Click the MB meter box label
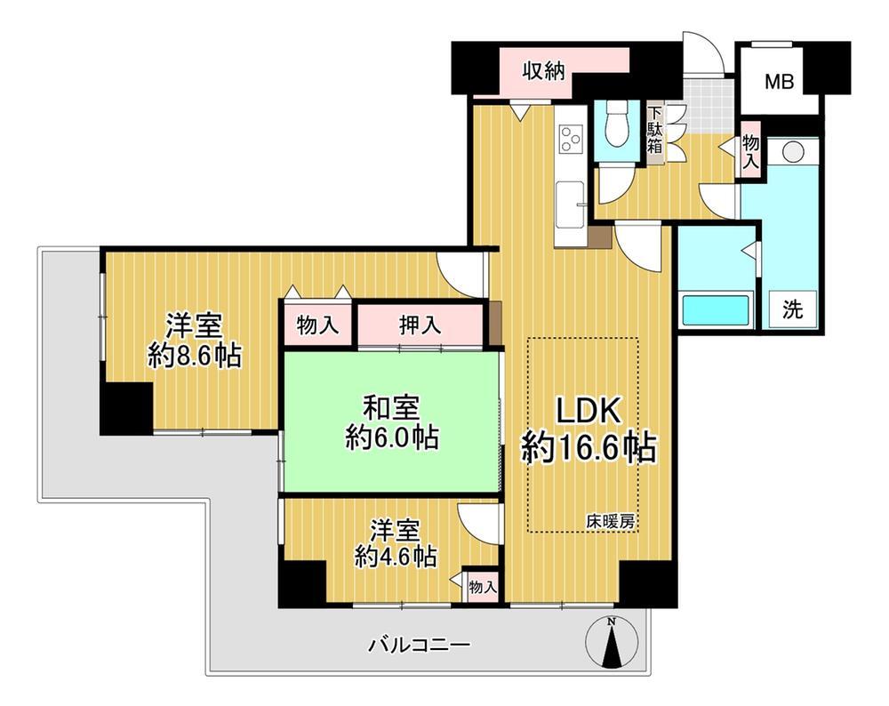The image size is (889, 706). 780,82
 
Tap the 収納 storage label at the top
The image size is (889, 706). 544,71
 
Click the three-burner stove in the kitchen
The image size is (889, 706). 571,138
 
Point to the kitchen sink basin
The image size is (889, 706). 571,204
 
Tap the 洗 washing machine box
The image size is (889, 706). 792,310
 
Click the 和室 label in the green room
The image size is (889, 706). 391,408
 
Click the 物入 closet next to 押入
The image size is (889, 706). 317,325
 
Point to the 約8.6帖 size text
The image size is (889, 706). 195,356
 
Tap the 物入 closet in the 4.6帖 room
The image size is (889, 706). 483,587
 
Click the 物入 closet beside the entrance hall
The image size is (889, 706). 750,150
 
